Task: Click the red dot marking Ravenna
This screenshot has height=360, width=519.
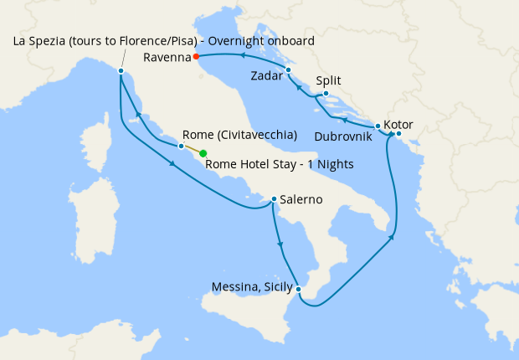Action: (195, 57)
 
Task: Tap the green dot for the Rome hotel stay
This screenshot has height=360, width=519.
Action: (203, 153)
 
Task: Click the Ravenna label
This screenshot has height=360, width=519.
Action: (166, 57)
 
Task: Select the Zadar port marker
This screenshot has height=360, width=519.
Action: (287, 70)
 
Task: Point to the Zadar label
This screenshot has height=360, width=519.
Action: (265, 76)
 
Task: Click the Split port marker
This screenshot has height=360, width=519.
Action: (325, 94)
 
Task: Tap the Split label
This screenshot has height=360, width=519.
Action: (330, 81)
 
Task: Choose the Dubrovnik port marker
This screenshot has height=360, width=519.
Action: (378, 126)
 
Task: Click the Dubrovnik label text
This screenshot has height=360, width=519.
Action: (345, 135)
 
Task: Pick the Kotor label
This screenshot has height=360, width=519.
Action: (398, 125)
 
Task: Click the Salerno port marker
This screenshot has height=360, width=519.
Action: (274, 199)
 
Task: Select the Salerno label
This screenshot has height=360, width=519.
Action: (301, 200)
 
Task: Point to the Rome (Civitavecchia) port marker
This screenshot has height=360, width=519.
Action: (182, 146)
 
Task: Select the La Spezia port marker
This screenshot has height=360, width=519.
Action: (121, 71)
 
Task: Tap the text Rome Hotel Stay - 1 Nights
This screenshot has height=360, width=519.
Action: (279, 163)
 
